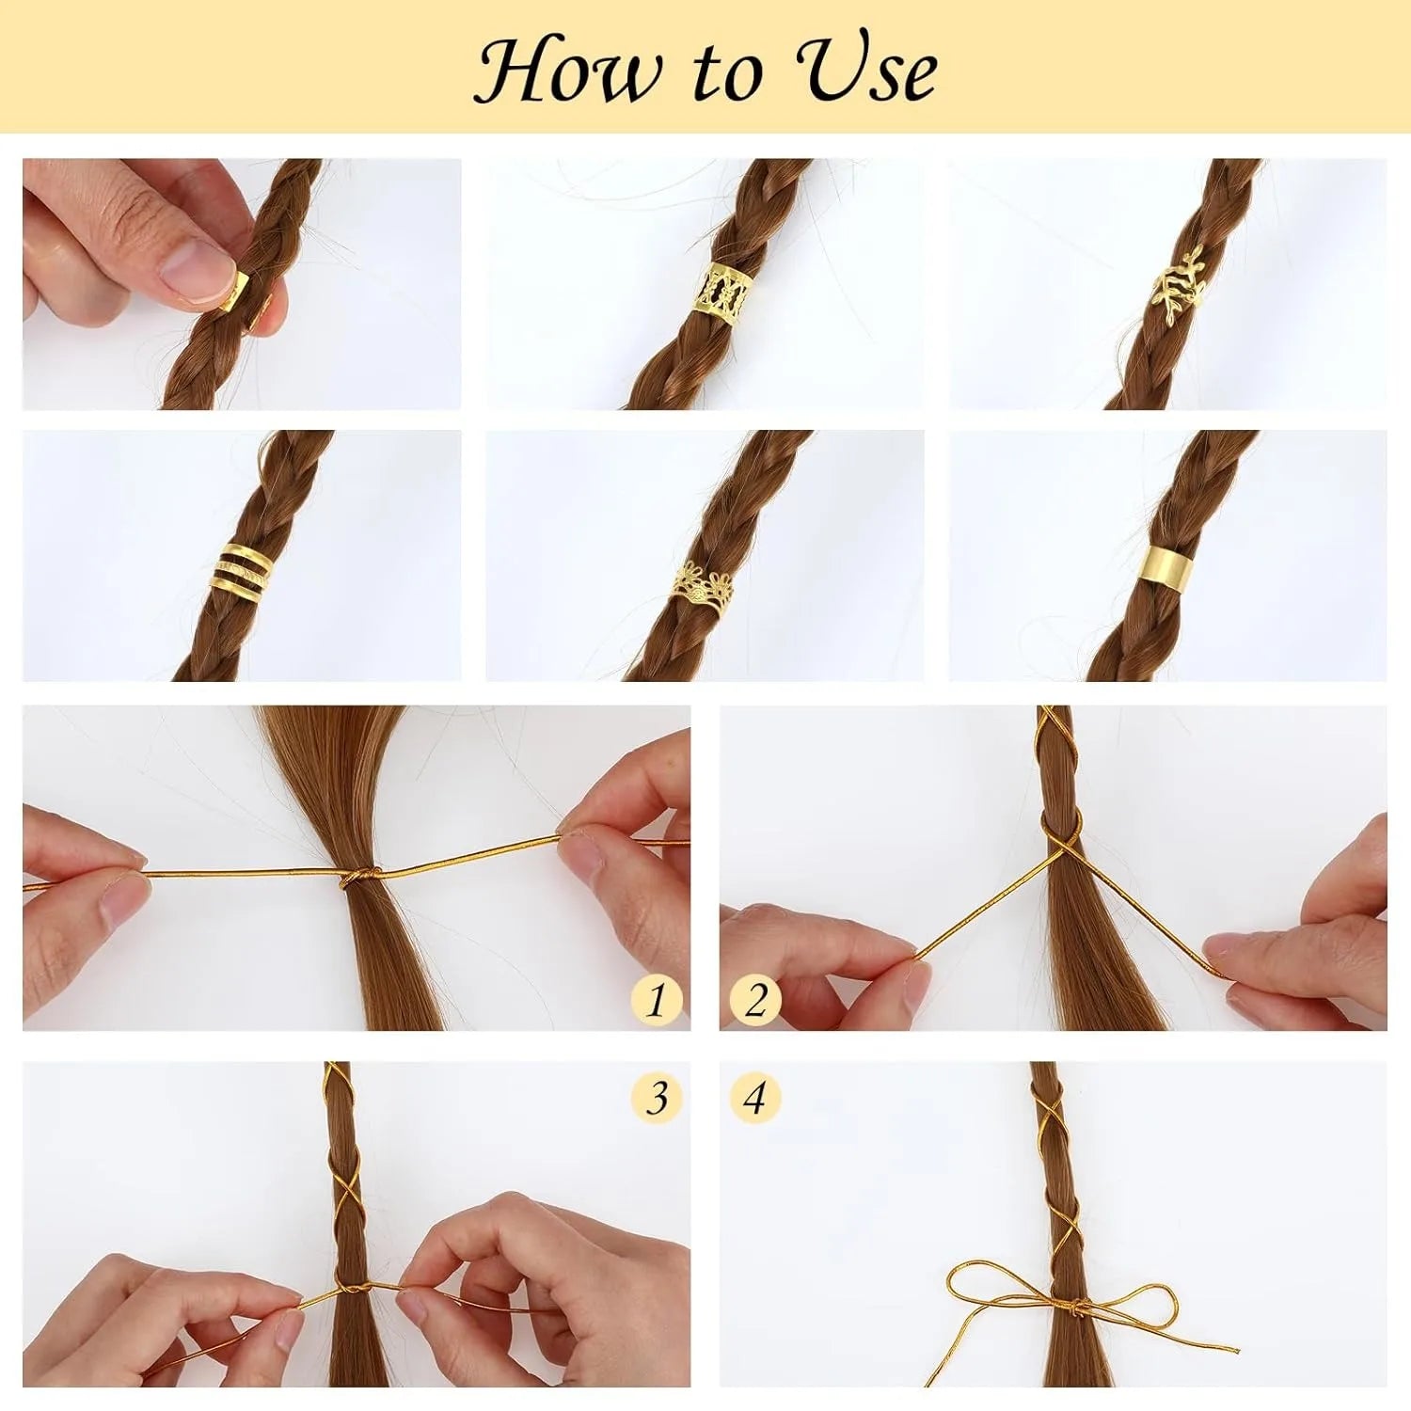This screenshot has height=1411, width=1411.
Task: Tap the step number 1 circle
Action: pos(656,998)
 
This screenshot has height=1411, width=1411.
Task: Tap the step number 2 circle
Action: pos(755,998)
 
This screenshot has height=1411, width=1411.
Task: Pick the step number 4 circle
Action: pos(755,1097)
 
